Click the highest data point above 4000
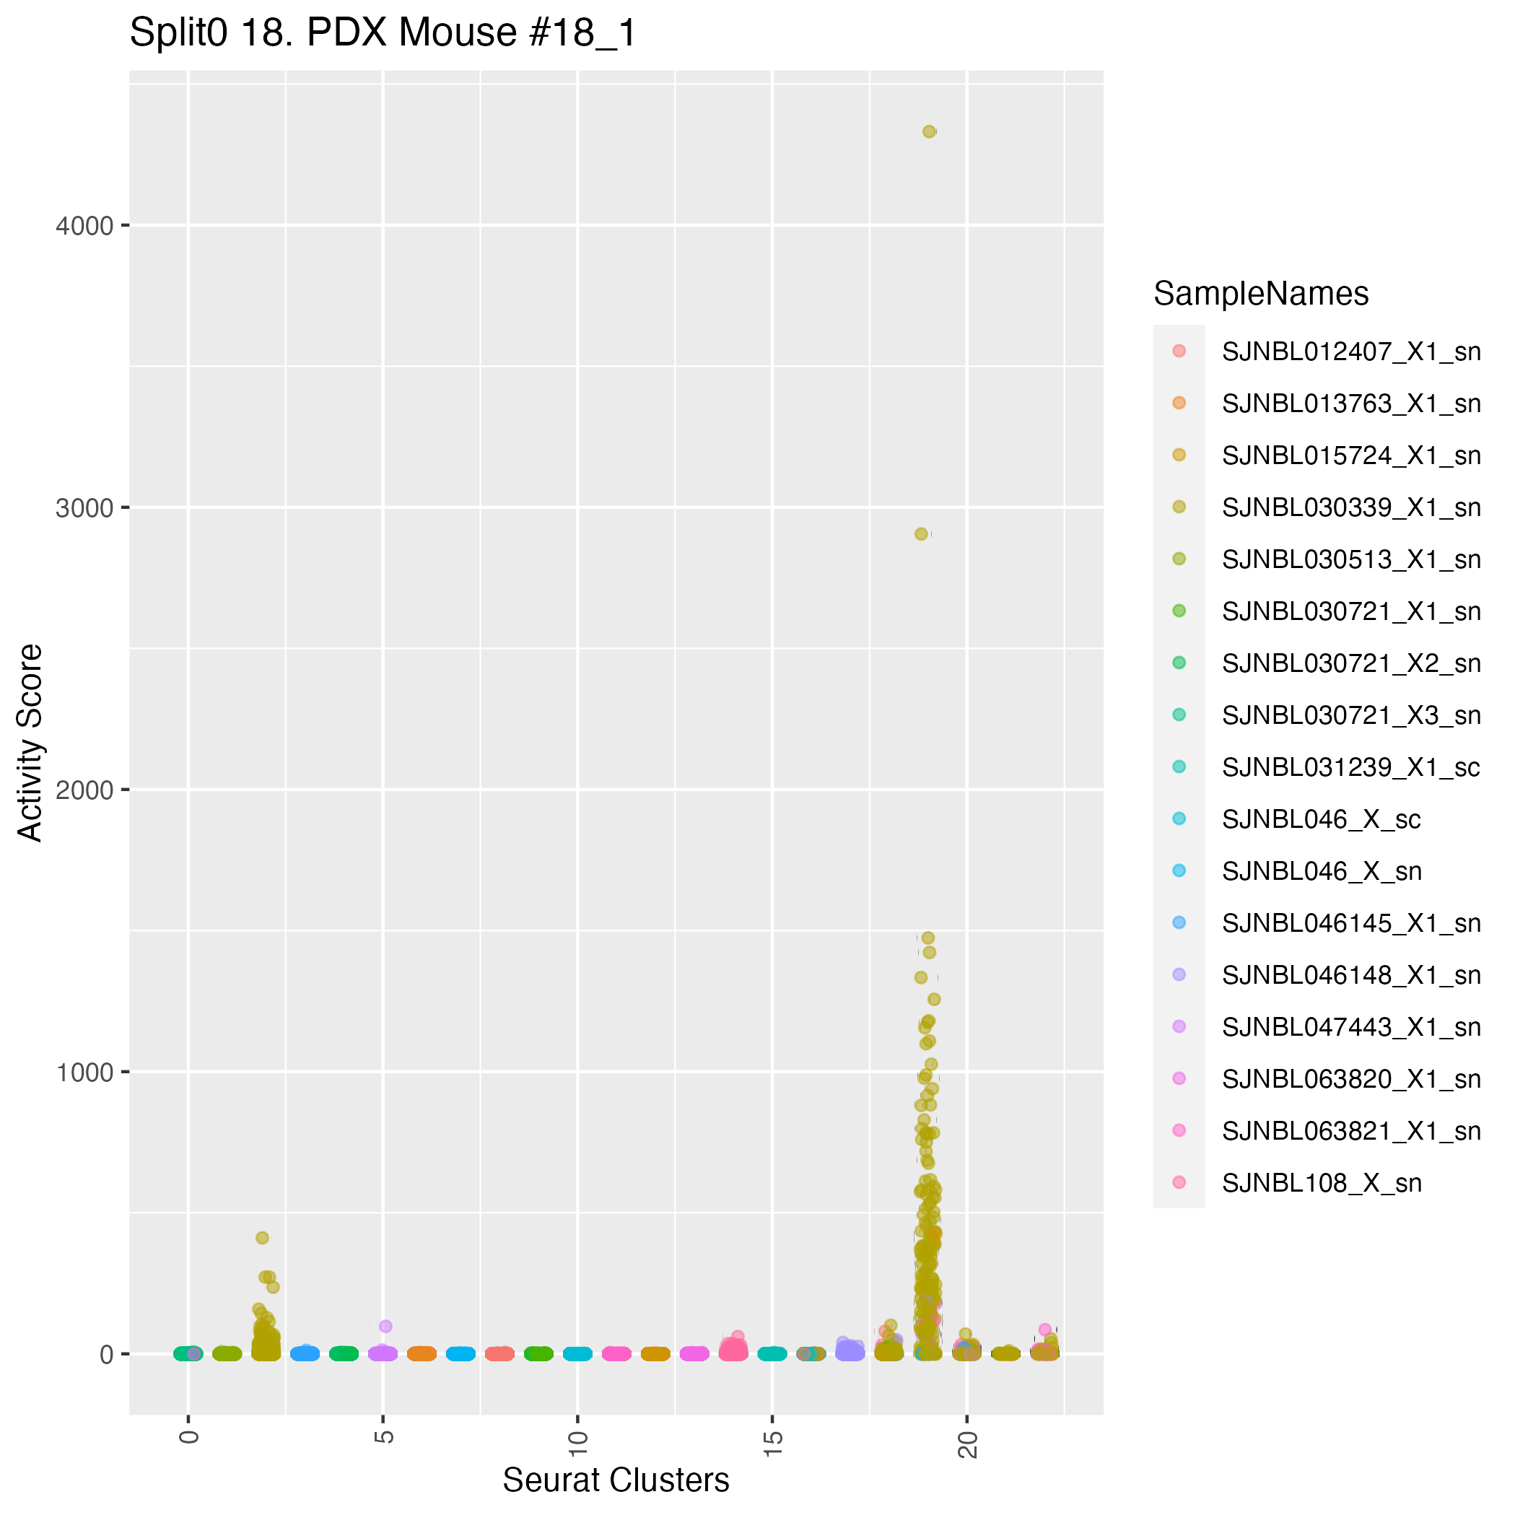(929, 132)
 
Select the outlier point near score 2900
(922, 534)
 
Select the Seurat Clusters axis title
(616, 1480)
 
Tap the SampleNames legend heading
(1261, 294)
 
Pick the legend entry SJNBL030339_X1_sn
(1350, 508)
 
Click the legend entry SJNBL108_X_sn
(1322, 1183)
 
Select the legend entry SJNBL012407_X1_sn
(1350, 352)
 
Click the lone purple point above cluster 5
(385, 1327)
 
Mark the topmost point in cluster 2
(263, 1237)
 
